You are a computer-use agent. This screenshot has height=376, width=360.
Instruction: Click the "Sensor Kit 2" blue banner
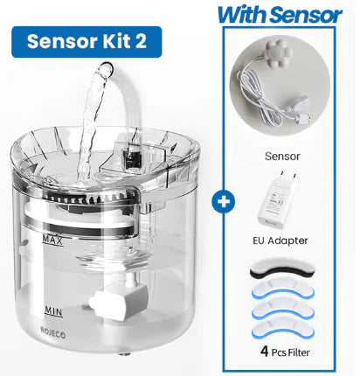(87, 42)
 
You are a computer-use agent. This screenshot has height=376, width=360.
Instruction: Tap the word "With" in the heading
(242, 15)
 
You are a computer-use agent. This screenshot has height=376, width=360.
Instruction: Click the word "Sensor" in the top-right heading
(306, 15)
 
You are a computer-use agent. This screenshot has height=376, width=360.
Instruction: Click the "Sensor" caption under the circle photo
(282, 157)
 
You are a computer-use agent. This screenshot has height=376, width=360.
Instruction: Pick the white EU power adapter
(276, 199)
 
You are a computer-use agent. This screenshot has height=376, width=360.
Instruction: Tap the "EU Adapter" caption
(280, 240)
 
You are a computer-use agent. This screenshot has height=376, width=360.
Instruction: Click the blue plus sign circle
(224, 202)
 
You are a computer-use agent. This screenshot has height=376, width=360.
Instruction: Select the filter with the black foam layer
(282, 268)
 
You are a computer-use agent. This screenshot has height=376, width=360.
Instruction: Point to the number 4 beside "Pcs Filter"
(265, 352)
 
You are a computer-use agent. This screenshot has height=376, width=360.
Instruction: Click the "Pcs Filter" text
(291, 352)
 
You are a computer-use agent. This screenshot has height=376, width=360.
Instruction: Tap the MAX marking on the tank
(52, 240)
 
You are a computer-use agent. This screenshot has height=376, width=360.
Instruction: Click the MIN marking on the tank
(53, 311)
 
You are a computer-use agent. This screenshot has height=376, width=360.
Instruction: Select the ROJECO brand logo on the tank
(53, 332)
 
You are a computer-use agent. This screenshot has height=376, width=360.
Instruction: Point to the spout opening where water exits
(105, 69)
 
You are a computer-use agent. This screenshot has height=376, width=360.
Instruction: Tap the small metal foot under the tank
(125, 354)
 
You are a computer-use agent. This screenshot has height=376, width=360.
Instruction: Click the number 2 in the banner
(141, 41)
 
